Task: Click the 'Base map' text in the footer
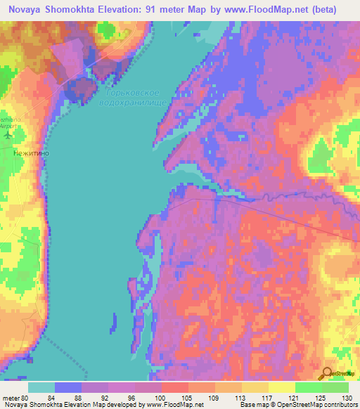pyautogui.click(x=253, y=405)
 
